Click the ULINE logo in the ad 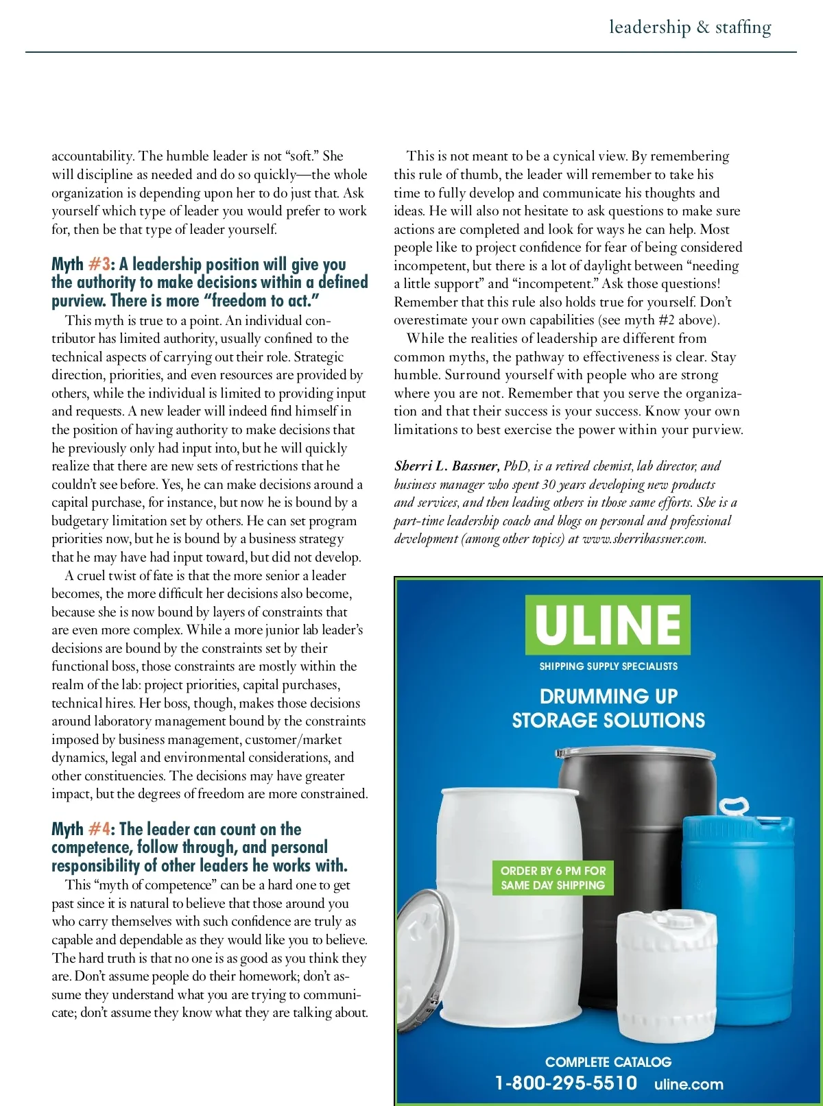point(608,624)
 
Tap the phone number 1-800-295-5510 point(566,1083)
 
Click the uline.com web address point(689,1084)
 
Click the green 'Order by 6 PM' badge point(553,878)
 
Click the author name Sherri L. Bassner point(446,466)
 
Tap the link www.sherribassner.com point(644,539)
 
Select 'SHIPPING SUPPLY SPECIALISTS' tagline point(608,666)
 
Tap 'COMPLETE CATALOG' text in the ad point(608,1062)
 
